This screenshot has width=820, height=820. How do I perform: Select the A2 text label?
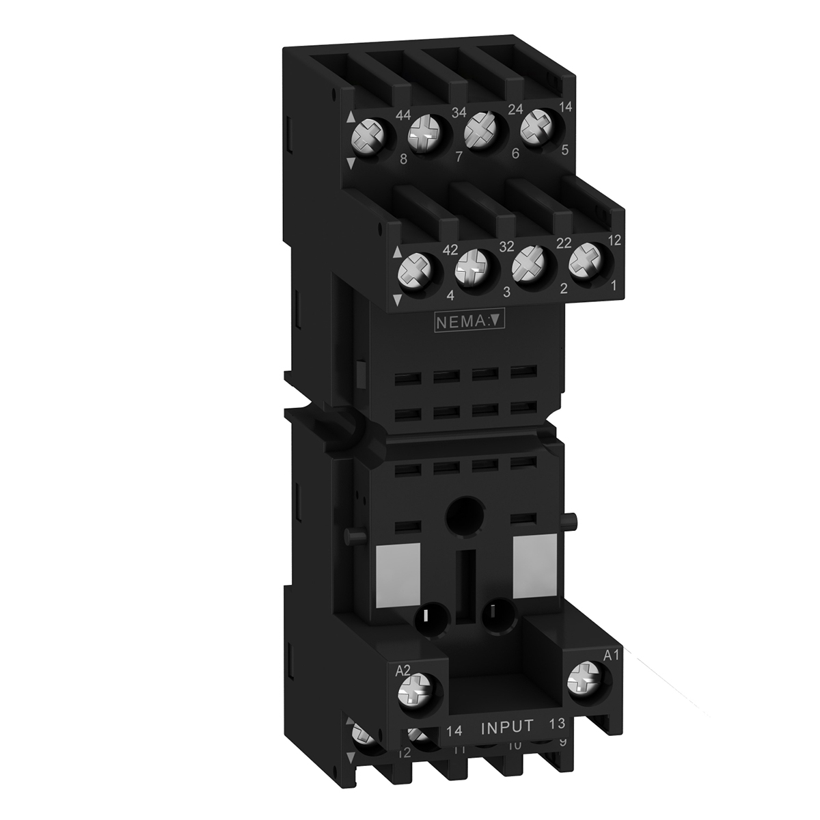pos(404,672)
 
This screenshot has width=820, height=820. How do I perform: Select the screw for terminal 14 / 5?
pos(556,126)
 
